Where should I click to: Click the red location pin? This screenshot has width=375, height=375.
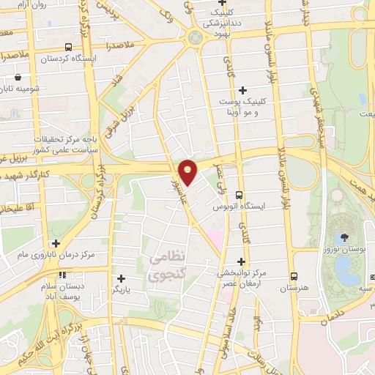188,171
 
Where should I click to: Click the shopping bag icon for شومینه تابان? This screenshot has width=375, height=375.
16,76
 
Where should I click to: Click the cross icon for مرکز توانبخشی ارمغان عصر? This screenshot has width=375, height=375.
241,261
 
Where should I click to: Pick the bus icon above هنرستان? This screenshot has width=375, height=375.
294,276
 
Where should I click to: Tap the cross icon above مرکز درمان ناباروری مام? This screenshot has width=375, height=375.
56,242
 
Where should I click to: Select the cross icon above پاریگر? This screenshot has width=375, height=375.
120,278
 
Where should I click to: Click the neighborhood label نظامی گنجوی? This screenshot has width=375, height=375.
168,267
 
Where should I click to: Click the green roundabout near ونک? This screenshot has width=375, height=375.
196,39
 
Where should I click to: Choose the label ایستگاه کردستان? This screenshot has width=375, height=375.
49,57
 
